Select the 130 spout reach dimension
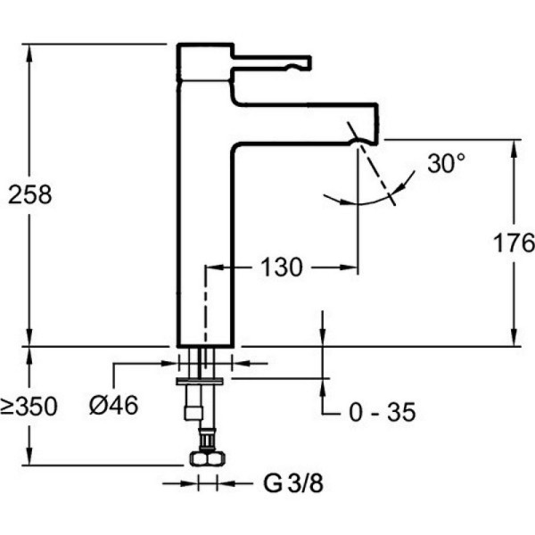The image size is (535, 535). (281, 267)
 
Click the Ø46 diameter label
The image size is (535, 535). (113, 406)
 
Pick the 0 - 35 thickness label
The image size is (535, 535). (378, 413)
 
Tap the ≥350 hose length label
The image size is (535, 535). (29, 407)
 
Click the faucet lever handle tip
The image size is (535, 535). (306, 62)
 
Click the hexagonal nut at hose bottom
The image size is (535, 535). (207, 458)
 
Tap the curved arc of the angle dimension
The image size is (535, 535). (357, 203)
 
